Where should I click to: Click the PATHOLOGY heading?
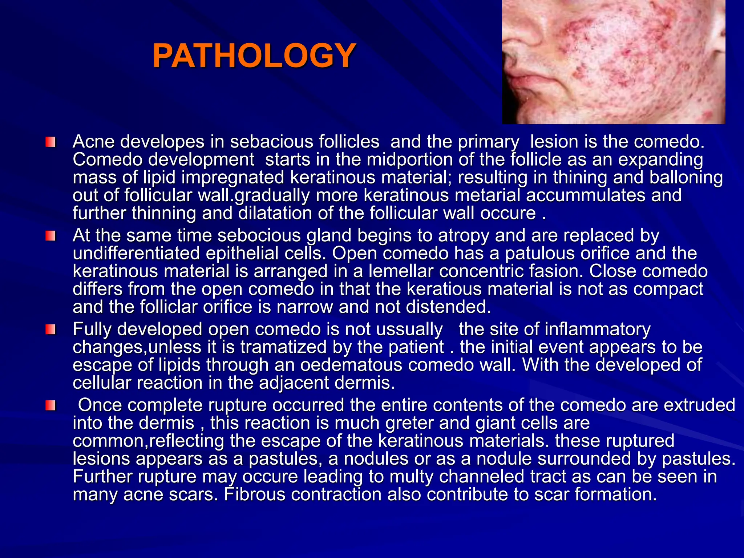pyautogui.click(x=254, y=56)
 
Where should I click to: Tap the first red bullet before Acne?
pyautogui.click(x=50, y=142)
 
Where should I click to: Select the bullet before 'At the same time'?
pyautogui.click(x=50, y=236)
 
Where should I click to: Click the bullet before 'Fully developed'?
pyautogui.click(x=50, y=330)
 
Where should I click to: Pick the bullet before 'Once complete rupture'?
pyautogui.click(x=50, y=405)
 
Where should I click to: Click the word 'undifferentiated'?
pyautogui.click(x=136, y=253)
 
